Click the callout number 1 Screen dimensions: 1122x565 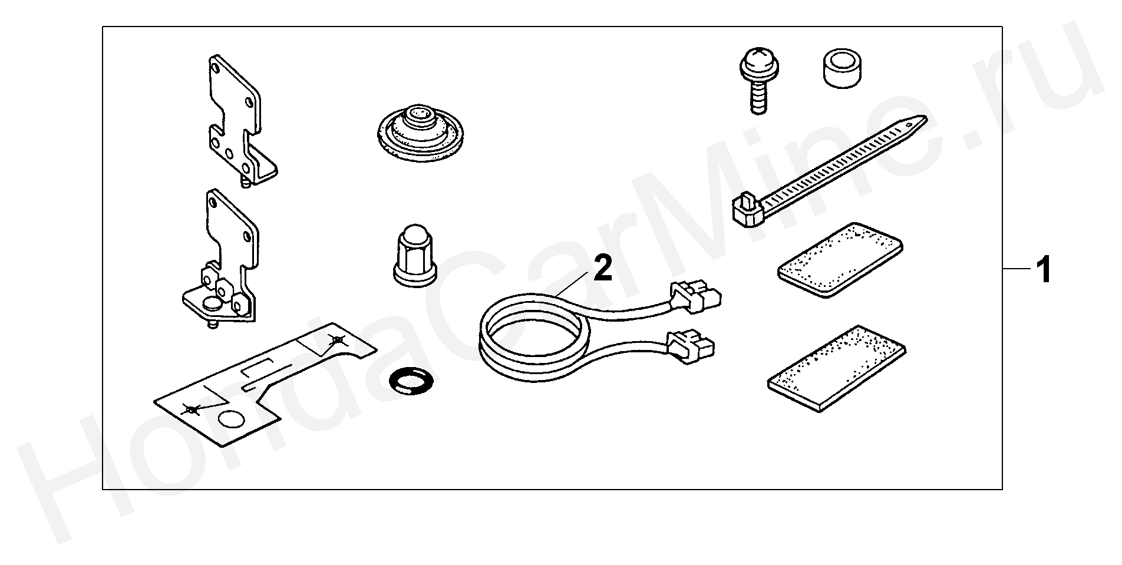(1043, 270)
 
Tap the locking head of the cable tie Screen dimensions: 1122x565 (746, 210)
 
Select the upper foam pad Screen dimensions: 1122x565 (840, 260)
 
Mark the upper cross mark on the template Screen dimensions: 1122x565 (336, 340)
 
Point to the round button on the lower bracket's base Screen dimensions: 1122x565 (211, 303)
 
